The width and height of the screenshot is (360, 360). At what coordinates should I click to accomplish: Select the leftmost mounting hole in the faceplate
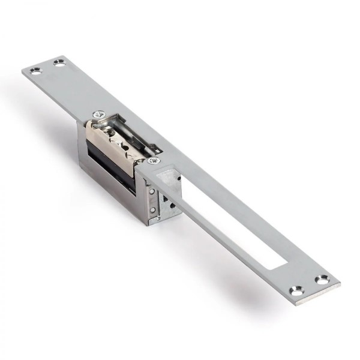[35, 71]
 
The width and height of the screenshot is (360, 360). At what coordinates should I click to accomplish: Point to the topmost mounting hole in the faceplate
[59, 62]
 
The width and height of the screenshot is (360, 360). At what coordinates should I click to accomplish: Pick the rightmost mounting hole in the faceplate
[322, 280]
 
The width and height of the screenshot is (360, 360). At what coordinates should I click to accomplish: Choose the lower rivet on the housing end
[152, 209]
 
